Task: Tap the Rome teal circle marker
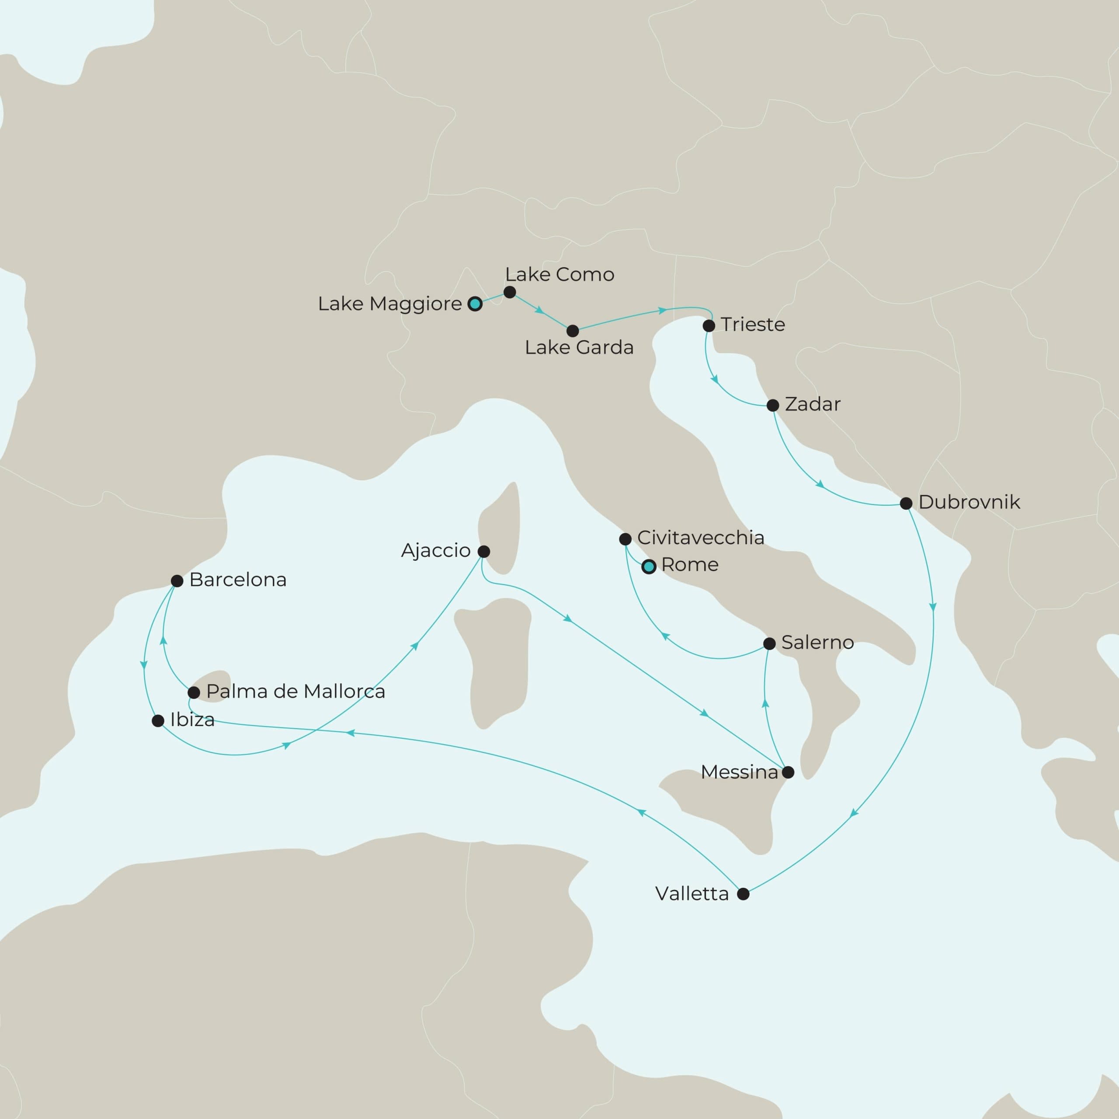[x=649, y=567]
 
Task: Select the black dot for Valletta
[x=743, y=894]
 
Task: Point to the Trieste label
[x=752, y=324]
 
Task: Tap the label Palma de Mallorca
[x=295, y=692]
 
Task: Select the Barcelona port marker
[x=177, y=581]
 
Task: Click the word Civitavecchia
[x=700, y=538]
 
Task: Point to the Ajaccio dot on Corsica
[x=483, y=551]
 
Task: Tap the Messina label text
[x=739, y=772]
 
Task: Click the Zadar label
[x=812, y=404]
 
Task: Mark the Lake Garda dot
[x=573, y=331]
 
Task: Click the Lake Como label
[x=559, y=275]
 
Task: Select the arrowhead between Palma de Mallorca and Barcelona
[x=164, y=640]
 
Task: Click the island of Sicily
[x=730, y=811]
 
